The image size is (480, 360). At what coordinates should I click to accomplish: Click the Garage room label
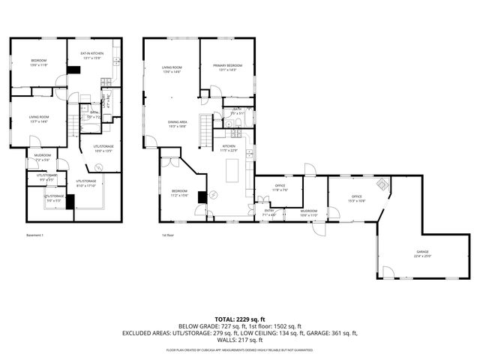[423, 252]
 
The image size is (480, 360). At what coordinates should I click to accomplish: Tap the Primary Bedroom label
[227, 66]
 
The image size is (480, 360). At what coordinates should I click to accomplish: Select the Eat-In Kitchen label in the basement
[91, 53]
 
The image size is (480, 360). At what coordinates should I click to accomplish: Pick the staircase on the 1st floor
[205, 136]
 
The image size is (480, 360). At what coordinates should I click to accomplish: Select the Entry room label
[268, 211]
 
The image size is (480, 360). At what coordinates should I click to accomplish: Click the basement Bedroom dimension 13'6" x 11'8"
[38, 65]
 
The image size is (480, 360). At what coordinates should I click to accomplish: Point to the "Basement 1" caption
[34, 235]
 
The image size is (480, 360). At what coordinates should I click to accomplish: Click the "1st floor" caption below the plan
[168, 235]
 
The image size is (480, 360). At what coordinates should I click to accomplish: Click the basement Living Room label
[39, 117]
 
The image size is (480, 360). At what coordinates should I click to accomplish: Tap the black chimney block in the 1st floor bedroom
[201, 198]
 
